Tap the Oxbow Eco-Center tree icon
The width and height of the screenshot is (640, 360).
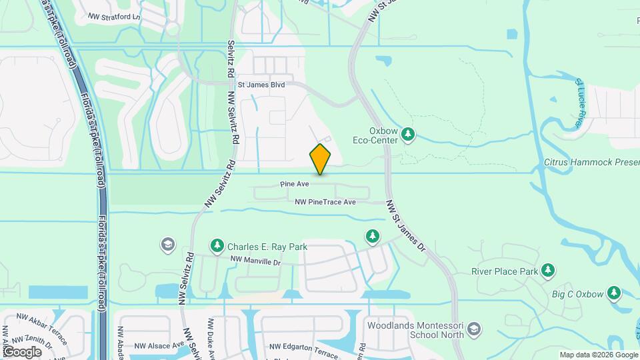pos(409,136)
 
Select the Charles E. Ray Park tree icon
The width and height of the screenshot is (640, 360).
pos(217,246)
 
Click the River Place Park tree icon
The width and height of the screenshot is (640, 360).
pos(547,270)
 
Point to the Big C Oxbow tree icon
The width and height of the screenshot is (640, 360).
pos(613,293)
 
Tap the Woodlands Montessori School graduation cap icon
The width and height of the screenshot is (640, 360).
pos(473,329)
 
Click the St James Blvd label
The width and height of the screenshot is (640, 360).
pos(261,85)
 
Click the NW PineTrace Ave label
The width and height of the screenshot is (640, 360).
pos(325,201)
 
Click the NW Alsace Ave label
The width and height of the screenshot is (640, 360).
pos(159,345)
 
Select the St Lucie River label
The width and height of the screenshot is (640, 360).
pos(581,103)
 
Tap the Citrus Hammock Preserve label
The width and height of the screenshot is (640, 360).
pos(591,162)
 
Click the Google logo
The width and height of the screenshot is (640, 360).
pos(22,351)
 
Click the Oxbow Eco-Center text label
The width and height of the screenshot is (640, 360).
pos(374,135)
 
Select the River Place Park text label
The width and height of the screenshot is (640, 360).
pos(504,271)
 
